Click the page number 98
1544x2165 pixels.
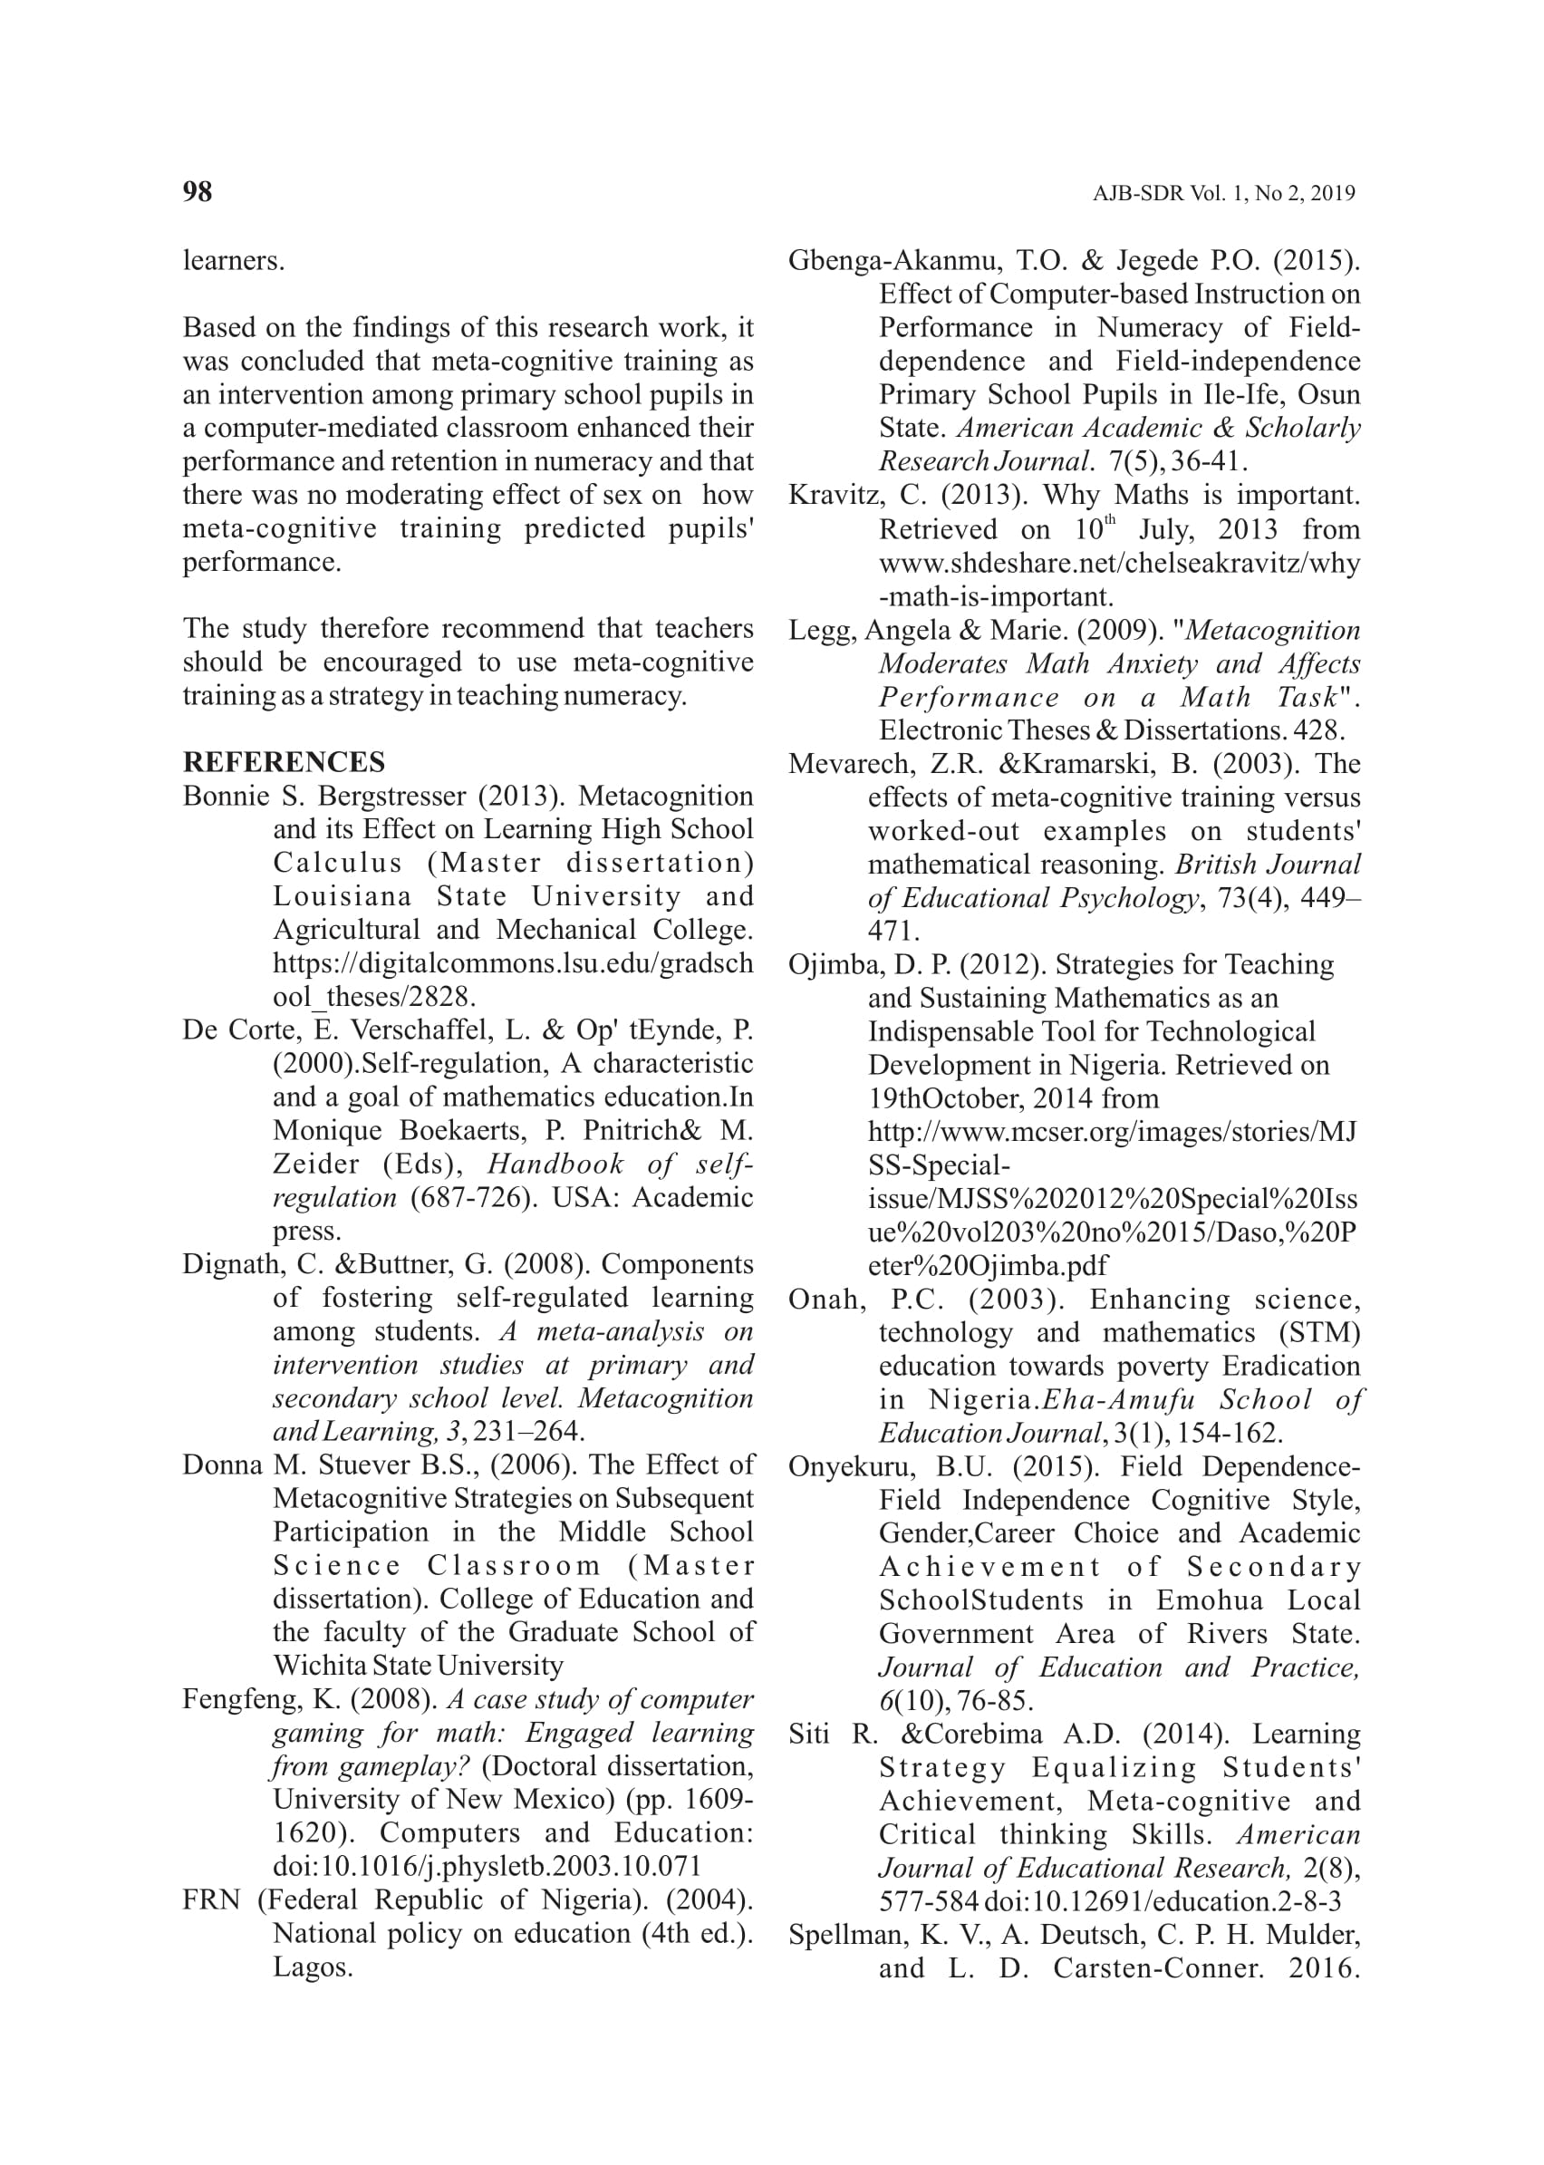(197, 192)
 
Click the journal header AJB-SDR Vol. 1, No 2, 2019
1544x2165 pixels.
(1223, 194)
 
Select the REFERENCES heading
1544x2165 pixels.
(284, 762)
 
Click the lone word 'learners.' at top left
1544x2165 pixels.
(234, 260)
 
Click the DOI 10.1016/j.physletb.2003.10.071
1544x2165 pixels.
(487, 1867)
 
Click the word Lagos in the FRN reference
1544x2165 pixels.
(313, 1967)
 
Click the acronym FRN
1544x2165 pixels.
(213, 1899)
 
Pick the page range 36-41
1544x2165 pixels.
(1209, 462)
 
